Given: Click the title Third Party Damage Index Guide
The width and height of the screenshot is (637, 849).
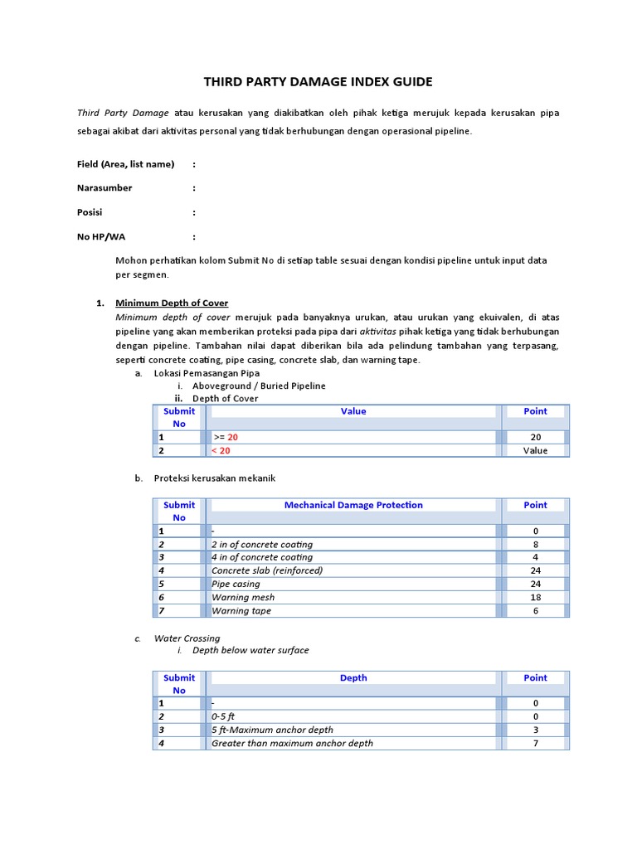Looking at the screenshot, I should coord(318,82).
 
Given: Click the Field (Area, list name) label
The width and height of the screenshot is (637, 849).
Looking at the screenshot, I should coord(125,164).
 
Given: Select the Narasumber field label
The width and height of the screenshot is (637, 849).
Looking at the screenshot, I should coord(105,188).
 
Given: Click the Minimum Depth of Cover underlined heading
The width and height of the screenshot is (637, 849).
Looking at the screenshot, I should coord(172,303).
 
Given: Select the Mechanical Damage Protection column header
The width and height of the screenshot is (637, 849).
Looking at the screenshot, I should coord(353,505).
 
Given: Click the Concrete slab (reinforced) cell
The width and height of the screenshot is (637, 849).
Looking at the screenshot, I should coord(267,570).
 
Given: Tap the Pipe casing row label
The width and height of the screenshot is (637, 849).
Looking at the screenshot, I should coord(236,584).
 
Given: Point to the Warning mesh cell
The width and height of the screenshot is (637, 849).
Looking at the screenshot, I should coord(243,597).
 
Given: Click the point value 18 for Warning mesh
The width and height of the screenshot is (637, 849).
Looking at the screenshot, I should coord(535,597).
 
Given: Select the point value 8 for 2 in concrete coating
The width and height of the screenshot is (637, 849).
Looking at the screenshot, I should coord(535,544).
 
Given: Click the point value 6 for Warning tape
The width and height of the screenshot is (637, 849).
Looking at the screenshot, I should coord(535,610).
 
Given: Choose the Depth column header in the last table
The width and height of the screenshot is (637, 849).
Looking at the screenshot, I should coord(353,677).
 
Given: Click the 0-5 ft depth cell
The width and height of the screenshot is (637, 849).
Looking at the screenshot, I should coord(224,716).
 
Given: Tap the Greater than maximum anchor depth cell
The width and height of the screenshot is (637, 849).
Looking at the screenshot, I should coord(292,743).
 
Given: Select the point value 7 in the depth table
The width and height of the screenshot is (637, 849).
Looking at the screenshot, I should coord(535,743).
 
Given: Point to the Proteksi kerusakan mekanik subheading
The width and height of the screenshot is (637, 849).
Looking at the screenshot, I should coord(214,478).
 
